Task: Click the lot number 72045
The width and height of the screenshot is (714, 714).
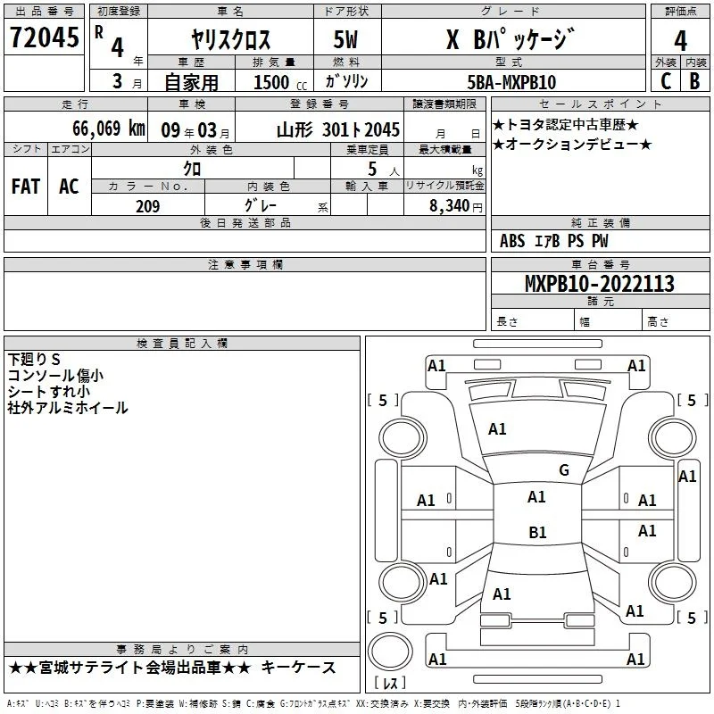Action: click(x=44, y=37)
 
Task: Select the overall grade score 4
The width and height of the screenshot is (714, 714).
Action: click(x=680, y=41)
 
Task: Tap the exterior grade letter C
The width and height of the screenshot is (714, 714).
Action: click(x=666, y=81)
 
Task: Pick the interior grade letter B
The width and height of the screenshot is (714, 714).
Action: click(x=694, y=81)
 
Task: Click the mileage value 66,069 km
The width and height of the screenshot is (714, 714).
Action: click(x=109, y=129)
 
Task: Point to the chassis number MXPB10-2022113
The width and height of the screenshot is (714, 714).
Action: click(x=599, y=284)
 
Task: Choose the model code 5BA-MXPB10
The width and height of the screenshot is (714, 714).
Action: click(x=511, y=82)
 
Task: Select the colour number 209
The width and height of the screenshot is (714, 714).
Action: click(x=147, y=206)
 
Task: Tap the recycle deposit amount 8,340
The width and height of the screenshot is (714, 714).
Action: click(x=450, y=206)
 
